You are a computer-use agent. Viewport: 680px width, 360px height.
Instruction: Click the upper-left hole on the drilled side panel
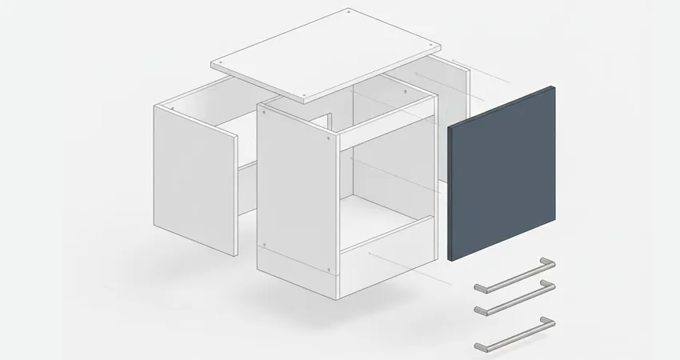click(x=265, y=113)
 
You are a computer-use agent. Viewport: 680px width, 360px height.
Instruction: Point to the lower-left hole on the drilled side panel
click(x=265, y=242)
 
